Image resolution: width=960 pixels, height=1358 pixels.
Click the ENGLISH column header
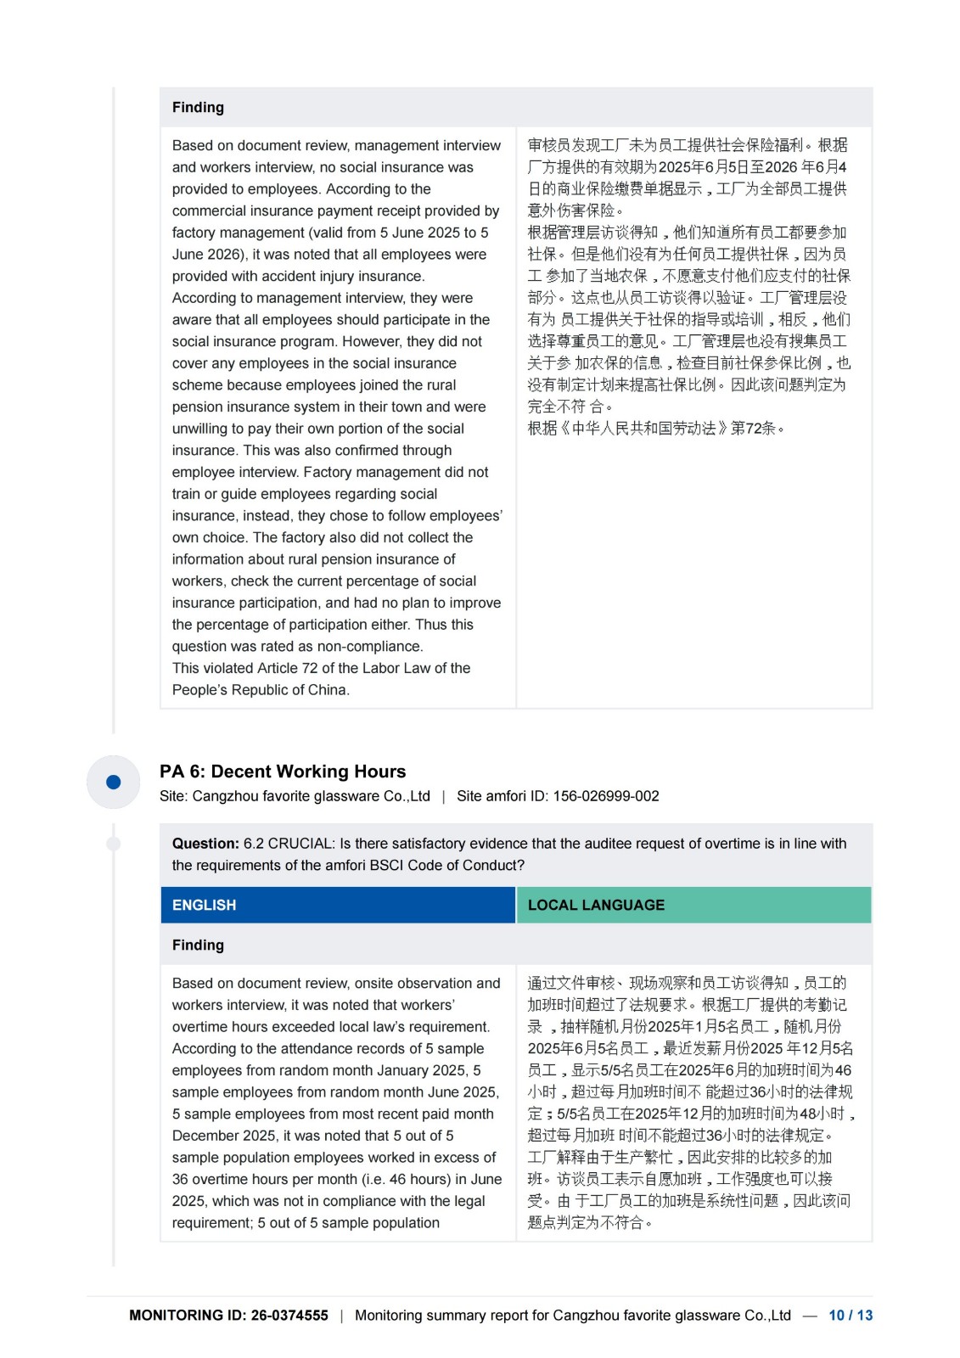[x=204, y=905]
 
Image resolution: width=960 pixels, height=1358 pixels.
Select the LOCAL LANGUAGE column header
[x=596, y=905]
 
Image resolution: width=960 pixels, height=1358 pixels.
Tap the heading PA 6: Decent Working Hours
[x=283, y=772]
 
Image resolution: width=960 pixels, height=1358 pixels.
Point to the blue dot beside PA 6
[x=113, y=782]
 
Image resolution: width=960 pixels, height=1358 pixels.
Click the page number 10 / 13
[x=850, y=1316]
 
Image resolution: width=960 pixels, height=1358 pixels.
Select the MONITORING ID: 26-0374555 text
[x=228, y=1316]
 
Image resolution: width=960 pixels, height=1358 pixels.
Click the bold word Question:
[x=205, y=844]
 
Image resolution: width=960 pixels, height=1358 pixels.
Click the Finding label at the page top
[x=198, y=107]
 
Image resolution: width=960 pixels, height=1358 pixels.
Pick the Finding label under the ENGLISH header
[x=198, y=945]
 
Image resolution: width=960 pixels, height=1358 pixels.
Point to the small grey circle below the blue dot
[x=113, y=844]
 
